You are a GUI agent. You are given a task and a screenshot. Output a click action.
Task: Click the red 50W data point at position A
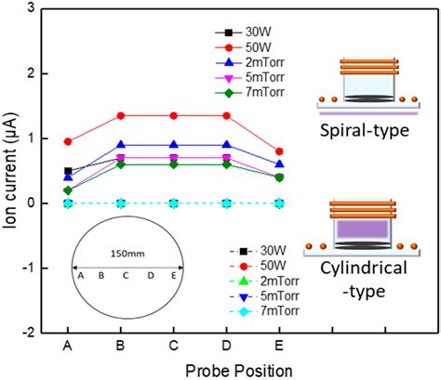click(x=68, y=141)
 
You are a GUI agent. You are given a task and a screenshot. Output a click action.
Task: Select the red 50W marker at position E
click(x=280, y=151)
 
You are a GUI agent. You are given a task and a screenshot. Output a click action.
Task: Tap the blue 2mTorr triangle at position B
click(x=121, y=145)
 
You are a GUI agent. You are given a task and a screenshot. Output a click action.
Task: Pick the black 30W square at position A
click(x=68, y=171)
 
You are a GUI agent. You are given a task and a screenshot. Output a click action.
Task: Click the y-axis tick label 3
click(x=41, y=8)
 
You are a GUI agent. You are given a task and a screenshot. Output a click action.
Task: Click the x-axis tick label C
click(x=174, y=347)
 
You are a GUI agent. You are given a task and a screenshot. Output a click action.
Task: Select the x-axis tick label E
click(x=280, y=347)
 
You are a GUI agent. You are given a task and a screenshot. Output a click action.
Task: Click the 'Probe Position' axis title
click(x=174, y=369)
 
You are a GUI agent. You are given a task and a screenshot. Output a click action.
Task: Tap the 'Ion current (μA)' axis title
click(x=12, y=170)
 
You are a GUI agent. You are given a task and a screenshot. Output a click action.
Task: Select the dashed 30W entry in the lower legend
click(x=261, y=251)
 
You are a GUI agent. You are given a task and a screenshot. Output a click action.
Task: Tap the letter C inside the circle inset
click(x=127, y=275)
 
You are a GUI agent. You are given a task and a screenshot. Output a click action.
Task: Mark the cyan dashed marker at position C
click(x=174, y=203)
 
